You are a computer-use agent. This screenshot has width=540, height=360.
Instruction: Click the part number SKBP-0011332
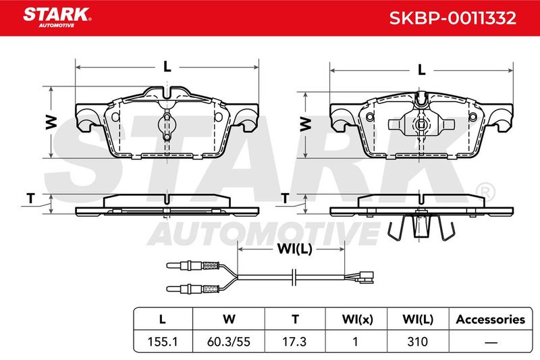pyautogui.click(x=452, y=18)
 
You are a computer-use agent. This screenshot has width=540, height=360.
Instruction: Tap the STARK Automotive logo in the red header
pyautogui.click(x=57, y=18)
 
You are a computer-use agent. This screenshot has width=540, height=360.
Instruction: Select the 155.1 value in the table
pyautogui.click(x=162, y=342)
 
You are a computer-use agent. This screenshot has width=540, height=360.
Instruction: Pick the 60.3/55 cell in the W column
pyautogui.click(x=229, y=342)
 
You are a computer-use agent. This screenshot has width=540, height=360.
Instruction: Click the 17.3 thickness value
pyautogui.click(x=294, y=342)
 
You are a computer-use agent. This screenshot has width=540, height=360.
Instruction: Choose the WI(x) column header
pyautogui.click(x=358, y=319)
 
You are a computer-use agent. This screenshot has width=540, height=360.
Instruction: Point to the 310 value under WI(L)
pyautogui.click(x=417, y=342)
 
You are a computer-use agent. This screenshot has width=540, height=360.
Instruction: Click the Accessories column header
pyautogui.click(x=491, y=319)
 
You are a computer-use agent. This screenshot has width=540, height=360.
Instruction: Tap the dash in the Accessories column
pyautogui.click(x=491, y=342)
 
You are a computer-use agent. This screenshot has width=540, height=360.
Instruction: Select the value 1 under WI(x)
pyautogui.click(x=356, y=342)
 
